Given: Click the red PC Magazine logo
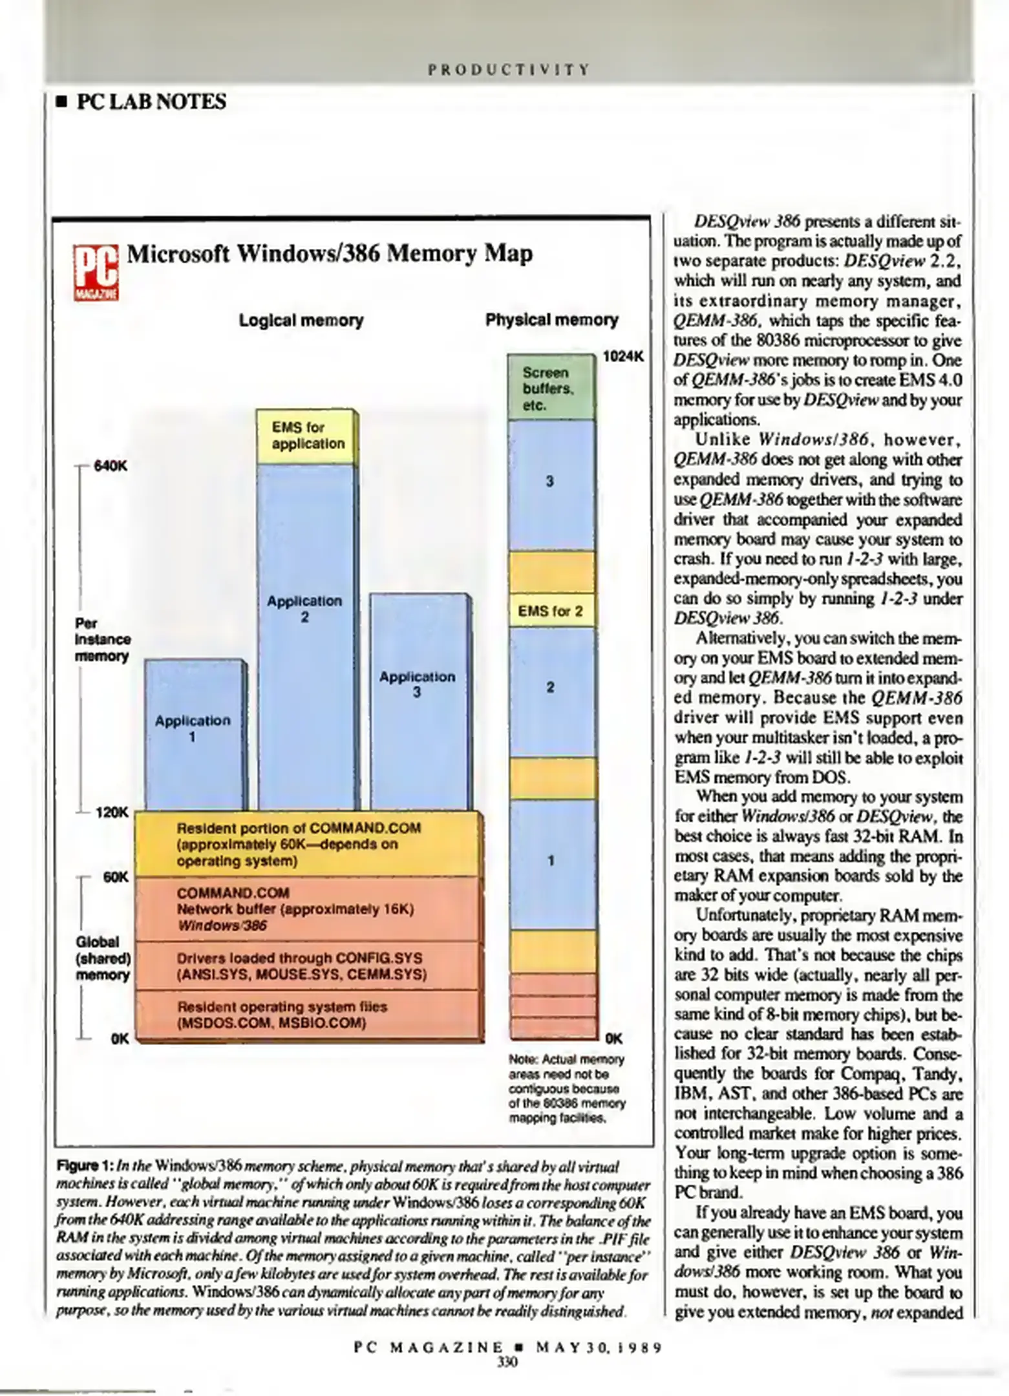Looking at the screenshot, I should point(96,273).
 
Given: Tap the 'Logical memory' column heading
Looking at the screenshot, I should point(301,321).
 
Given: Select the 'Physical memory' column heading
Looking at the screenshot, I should point(551,320).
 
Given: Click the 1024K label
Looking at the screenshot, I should point(623,356).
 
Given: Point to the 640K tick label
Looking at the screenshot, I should point(111,465).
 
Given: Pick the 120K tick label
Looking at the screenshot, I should point(112,812).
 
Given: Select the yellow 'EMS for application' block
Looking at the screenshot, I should point(308,436).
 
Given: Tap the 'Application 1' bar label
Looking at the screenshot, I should point(193,728).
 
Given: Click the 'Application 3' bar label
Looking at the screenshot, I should point(417,684).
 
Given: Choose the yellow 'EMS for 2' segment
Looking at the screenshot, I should point(550,611).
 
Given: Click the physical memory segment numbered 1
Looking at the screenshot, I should point(551,861).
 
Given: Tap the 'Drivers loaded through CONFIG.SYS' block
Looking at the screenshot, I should point(301,966).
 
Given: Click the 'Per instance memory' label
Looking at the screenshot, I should point(102,640).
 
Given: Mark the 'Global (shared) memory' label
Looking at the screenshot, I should point(103,958).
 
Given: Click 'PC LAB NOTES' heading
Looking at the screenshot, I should point(151,102).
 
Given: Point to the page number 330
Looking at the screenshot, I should point(507,1362).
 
